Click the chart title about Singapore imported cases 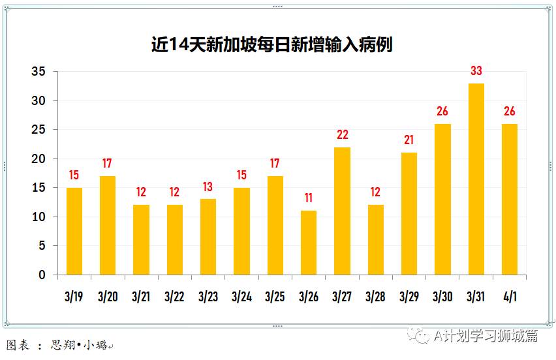[271, 44]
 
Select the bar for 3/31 [476, 179]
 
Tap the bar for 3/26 [309, 243]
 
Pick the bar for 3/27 [342, 211]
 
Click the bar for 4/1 [509, 199]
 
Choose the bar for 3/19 [74, 231]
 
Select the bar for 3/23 [208, 237]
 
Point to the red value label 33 [476, 71]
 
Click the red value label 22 [342, 135]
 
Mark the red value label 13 [208, 187]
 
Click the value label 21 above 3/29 [409, 141]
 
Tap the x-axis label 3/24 [241, 297]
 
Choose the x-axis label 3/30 [442, 297]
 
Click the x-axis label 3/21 [141, 297]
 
